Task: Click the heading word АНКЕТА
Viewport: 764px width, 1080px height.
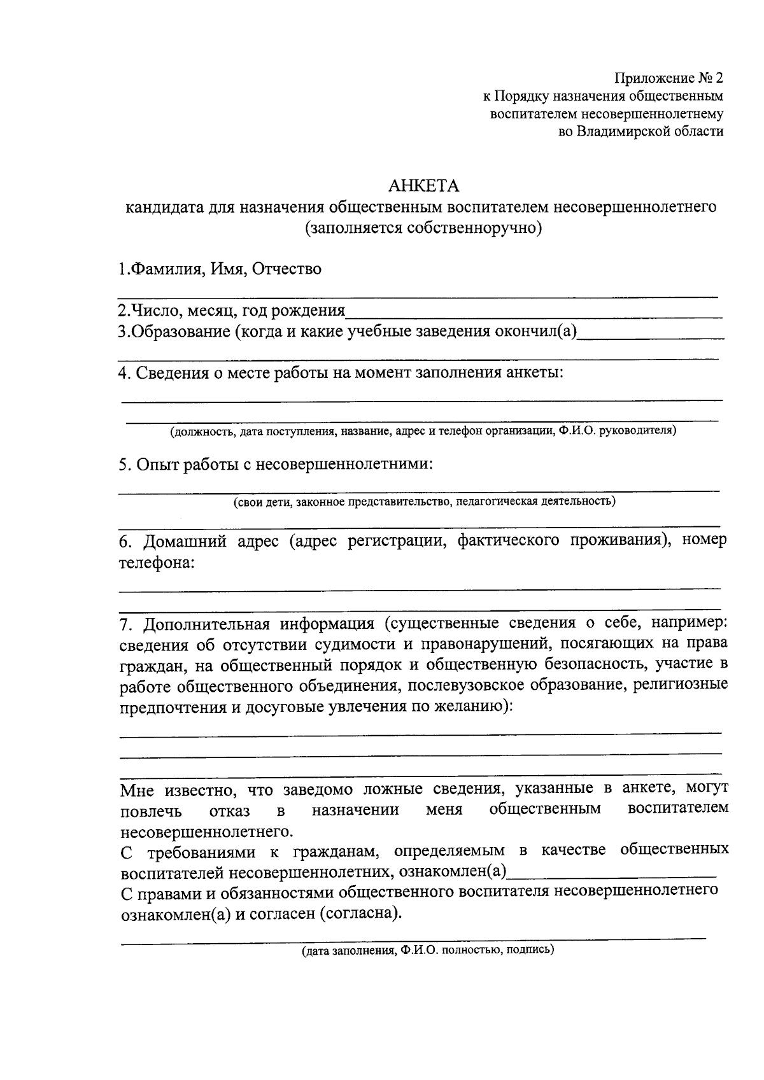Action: click(423, 186)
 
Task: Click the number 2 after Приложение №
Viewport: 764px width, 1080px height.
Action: click(719, 78)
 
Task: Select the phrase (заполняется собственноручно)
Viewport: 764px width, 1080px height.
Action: click(423, 227)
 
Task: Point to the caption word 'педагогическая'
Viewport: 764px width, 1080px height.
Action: click(500, 501)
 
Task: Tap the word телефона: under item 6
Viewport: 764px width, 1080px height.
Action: click(157, 563)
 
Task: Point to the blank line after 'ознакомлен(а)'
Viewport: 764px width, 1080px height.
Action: click(611, 873)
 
